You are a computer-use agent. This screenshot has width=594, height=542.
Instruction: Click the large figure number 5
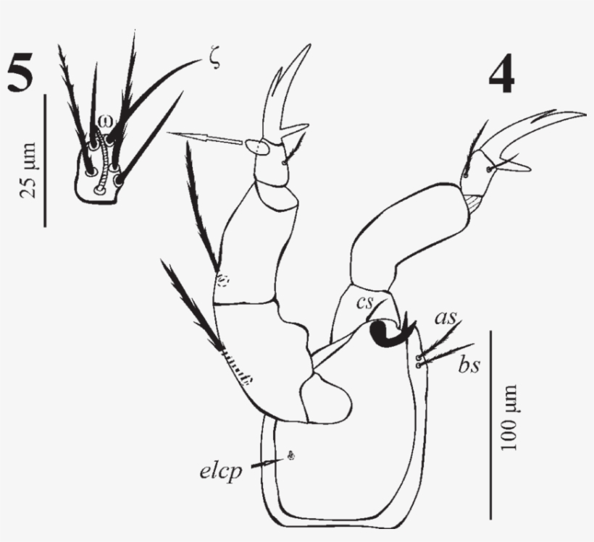(20, 75)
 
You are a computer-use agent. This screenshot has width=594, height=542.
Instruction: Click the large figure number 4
(501, 75)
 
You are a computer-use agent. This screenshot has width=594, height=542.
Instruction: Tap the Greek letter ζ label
(215, 60)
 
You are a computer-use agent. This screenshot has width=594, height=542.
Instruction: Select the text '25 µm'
(28, 170)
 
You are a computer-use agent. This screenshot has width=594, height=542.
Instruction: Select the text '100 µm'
(509, 418)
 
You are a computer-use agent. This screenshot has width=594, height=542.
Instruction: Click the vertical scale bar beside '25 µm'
(46, 161)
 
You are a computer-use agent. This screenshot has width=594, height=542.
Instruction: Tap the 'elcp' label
(220, 472)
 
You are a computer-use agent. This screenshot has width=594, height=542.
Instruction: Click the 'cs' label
(365, 302)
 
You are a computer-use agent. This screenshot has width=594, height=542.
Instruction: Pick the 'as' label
(445, 317)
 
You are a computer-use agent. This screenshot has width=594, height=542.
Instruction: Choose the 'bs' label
(469, 365)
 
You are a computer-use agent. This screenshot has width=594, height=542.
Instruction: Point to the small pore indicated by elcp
(291, 455)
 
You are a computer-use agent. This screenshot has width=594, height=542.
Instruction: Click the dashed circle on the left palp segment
(223, 281)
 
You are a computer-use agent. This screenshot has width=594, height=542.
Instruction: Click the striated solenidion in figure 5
(101, 161)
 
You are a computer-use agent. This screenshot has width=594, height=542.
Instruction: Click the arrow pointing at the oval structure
(204, 137)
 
